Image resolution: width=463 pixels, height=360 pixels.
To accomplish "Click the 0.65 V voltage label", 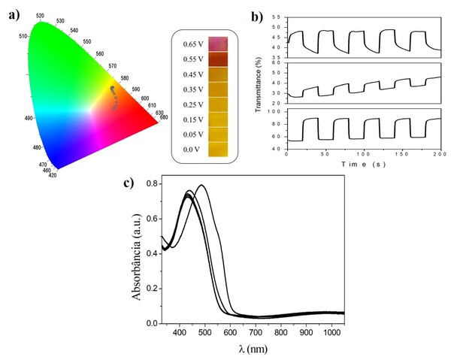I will pos(192,44).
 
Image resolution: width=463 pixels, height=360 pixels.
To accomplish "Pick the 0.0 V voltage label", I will pos(191,150).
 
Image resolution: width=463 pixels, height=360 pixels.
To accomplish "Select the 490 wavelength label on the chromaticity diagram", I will pos(27,117).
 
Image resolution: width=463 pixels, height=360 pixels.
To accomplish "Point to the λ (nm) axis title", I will pos(250,349).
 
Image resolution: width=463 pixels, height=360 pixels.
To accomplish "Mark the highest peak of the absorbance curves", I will pos(201,185).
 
